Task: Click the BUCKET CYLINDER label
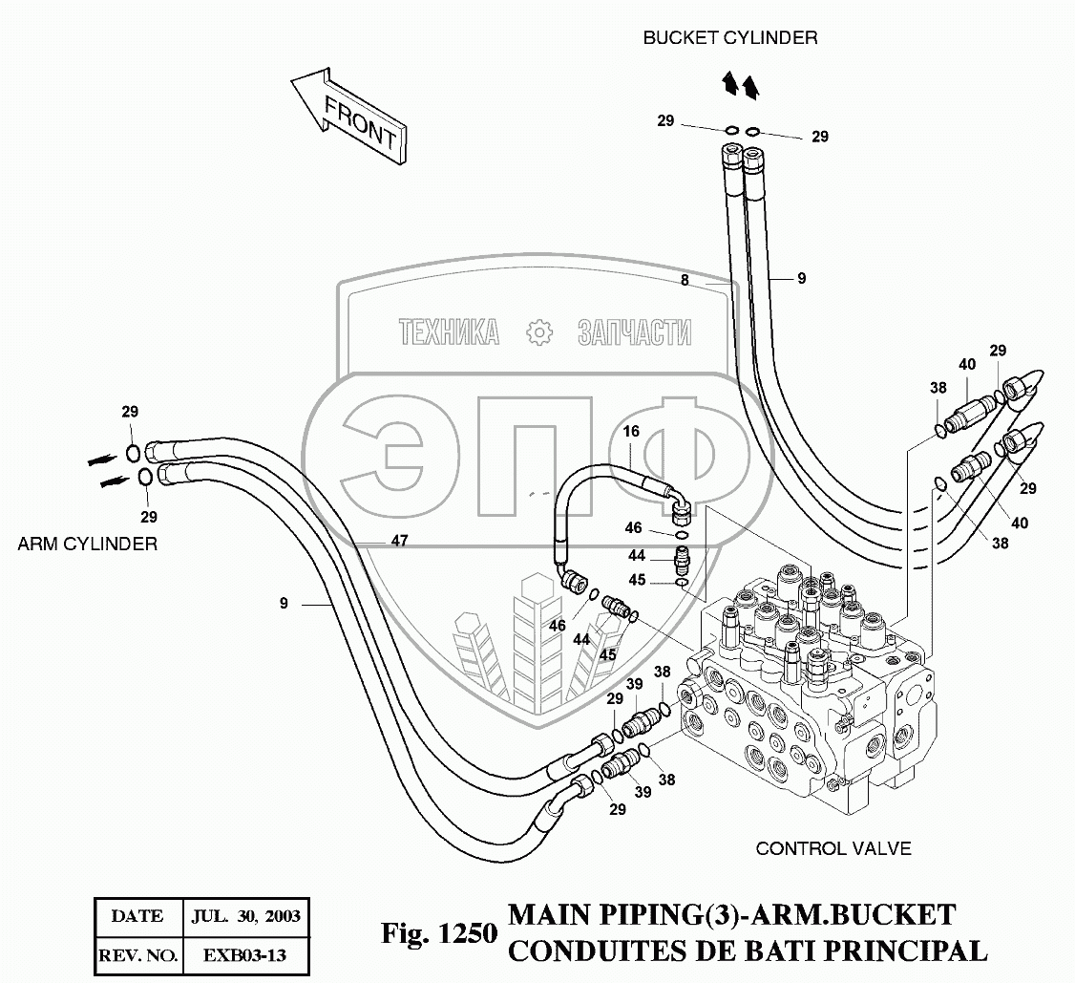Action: tap(729, 38)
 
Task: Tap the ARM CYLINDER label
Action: tap(87, 544)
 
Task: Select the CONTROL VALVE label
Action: tap(833, 848)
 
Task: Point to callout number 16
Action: tap(631, 432)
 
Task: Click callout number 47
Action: tap(399, 541)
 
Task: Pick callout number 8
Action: tap(685, 280)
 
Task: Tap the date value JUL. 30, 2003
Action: tap(243, 916)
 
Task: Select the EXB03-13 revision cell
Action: tap(243, 954)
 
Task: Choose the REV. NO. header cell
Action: tap(137, 954)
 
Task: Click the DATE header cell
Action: tap(137, 916)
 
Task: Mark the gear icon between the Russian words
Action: tap(539, 332)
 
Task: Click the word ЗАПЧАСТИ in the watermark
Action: tap(634, 332)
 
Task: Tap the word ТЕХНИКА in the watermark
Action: tap(449, 332)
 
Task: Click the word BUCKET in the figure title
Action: tap(896, 915)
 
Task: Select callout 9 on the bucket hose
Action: tap(802, 279)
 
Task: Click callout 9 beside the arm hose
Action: tap(284, 603)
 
